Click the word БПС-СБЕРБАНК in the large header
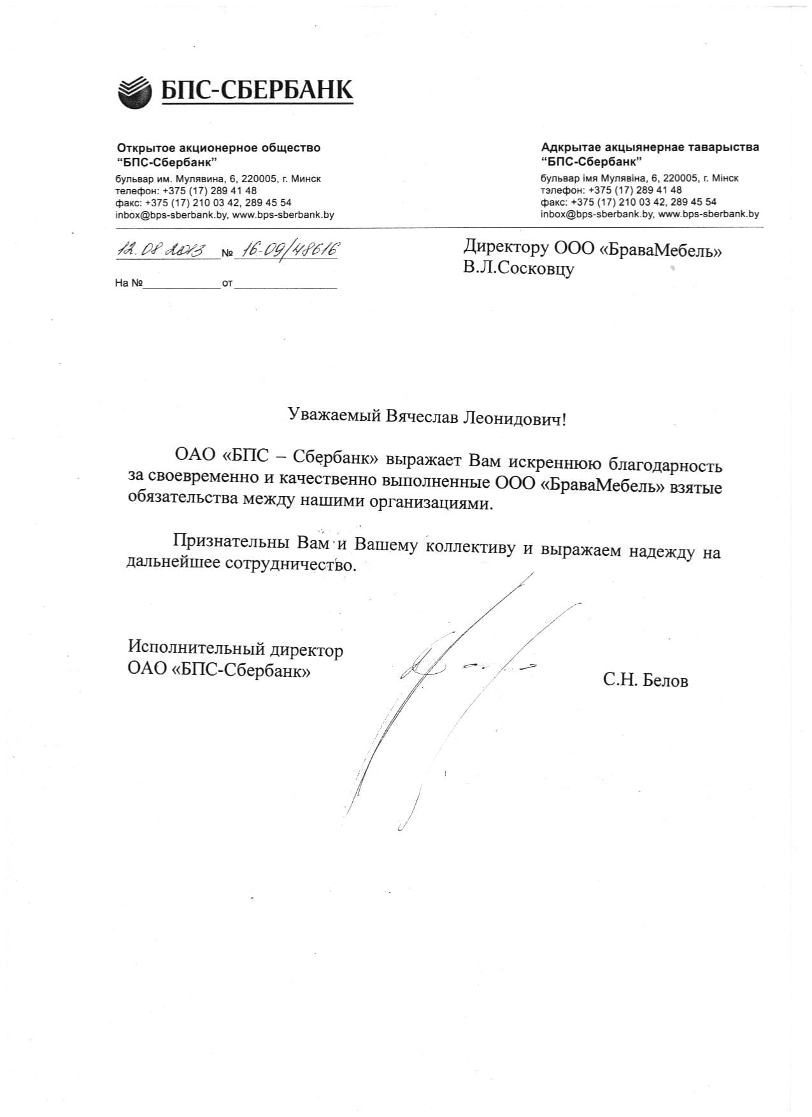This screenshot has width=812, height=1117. coord(256,90)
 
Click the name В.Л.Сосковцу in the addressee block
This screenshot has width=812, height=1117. coord(518,269)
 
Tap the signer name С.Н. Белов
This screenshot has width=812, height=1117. coord(645,681)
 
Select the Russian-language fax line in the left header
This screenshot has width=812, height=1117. coord(203,203)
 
